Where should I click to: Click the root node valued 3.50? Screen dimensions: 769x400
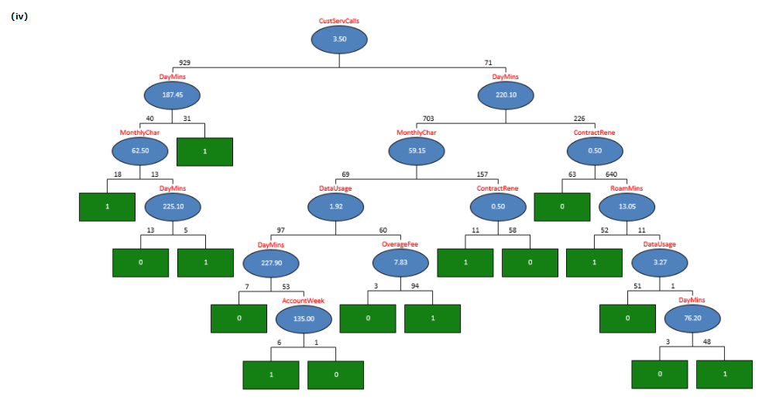tap(339, 40)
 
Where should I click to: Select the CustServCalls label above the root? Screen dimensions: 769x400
tap(339, 21)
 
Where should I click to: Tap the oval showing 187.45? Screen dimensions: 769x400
tap(172, 95)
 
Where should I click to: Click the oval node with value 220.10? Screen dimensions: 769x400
tap(506, 95)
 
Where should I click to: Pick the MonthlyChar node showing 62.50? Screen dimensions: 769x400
tap(139, 151)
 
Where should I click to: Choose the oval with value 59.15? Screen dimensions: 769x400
tap(417, 151)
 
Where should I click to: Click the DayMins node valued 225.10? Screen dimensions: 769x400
tap(173, 207)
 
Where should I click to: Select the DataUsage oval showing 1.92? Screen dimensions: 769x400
tap(336, 207)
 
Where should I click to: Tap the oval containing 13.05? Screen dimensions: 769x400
tap(627, 207)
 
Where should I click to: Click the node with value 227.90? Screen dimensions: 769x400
tap(271, 263)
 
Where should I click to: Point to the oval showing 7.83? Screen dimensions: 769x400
tap(400, 263)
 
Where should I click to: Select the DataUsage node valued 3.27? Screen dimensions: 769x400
tap(660, 263)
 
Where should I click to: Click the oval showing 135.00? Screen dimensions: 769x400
tap(304, 319)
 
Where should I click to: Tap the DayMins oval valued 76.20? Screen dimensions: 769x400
tap(692, 319)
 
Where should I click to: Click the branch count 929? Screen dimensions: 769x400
tap(184, 63)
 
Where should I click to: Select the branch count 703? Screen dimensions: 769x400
tap(428, 119)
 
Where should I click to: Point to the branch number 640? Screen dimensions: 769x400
tap(611, 174)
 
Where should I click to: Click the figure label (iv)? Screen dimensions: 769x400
tap(19, 16)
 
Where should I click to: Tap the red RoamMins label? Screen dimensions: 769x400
tap(627, 188)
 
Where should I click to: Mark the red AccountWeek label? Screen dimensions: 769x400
tap(303, 301)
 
